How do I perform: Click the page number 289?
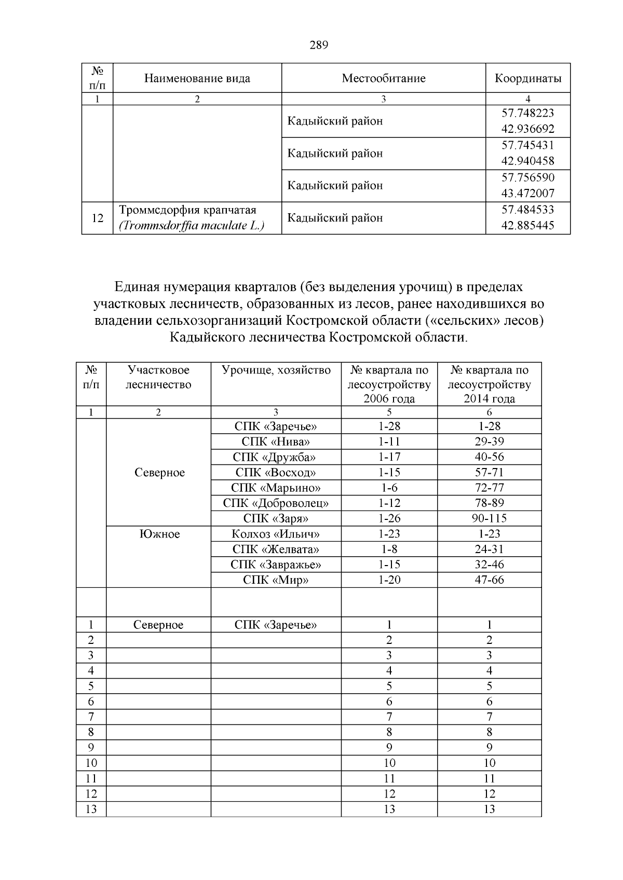click(x=319, y=45)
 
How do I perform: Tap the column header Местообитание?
click(x=383, y=78)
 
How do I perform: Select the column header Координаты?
click(x=527, y=78)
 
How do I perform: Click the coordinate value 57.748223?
click(x=527, y=113)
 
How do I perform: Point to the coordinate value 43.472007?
click(x=527, y=194)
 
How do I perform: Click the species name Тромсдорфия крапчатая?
click(x=187, y=210)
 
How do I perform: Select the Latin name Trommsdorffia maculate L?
click(x=192, y=226)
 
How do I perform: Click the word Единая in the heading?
click(x=137, y=286)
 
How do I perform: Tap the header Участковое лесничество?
click(x=158, y=377)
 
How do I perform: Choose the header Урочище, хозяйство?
click(x=276, y=370)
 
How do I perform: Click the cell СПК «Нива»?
click(x=276, y=442)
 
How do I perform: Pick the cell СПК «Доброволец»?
click(x=276, y=503)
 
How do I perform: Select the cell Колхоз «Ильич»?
click(x=276, y=533)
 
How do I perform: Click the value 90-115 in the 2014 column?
click(x=489, y=518)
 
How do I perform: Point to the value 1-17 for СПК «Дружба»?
click(x=389, y=457)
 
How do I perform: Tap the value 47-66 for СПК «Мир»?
click(x=489, y=580)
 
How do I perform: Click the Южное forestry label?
click(x=159, y=534)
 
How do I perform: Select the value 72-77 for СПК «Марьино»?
click(x=489, y=488)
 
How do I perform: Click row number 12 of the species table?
click(x=97, y=218)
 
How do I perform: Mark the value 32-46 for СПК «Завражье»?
click(x=489, y=565)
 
